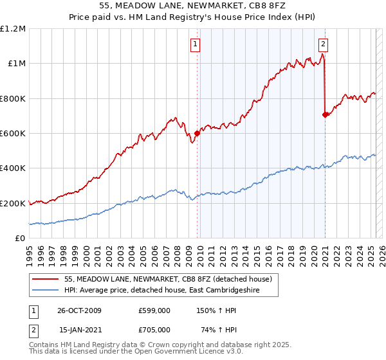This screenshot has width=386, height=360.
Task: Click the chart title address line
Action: point(193,6)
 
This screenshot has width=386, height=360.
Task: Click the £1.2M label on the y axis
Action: point(13,29)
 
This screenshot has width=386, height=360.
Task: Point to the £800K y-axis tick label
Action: point(13,98)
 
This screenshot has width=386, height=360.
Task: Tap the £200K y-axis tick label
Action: point(13,203)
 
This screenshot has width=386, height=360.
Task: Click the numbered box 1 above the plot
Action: point(195,44)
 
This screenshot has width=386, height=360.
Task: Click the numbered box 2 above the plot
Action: point(323,44)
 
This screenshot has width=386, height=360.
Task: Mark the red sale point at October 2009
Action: point(197,134)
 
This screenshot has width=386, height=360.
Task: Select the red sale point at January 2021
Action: point(325,115)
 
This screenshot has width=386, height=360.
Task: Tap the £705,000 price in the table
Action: point(154,329)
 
